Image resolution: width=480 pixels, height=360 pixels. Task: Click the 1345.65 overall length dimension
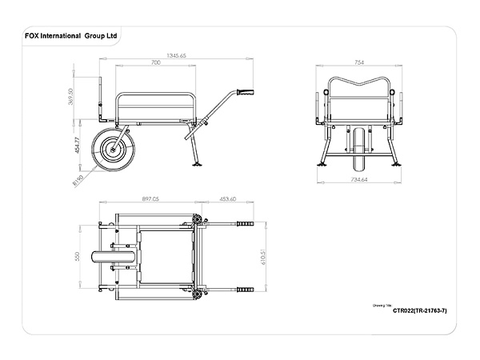[176, 55]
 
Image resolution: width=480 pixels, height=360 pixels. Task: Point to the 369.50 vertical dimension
[71, 97]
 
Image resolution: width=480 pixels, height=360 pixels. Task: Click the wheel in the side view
[110, 149]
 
